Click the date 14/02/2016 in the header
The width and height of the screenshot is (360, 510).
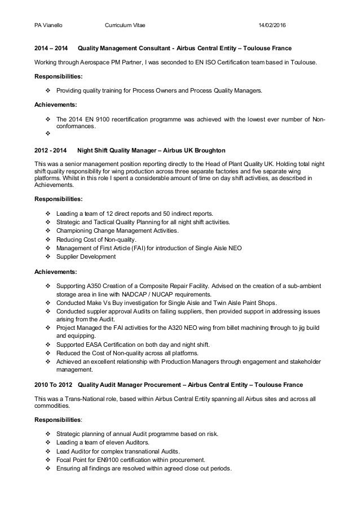pos(272,25)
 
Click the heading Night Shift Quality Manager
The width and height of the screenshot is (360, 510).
pos(117,151)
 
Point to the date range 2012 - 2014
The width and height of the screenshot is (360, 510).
pos(50,151)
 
